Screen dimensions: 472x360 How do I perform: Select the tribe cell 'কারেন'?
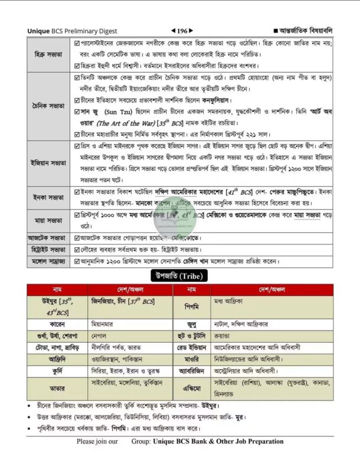tap(57, 324)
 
